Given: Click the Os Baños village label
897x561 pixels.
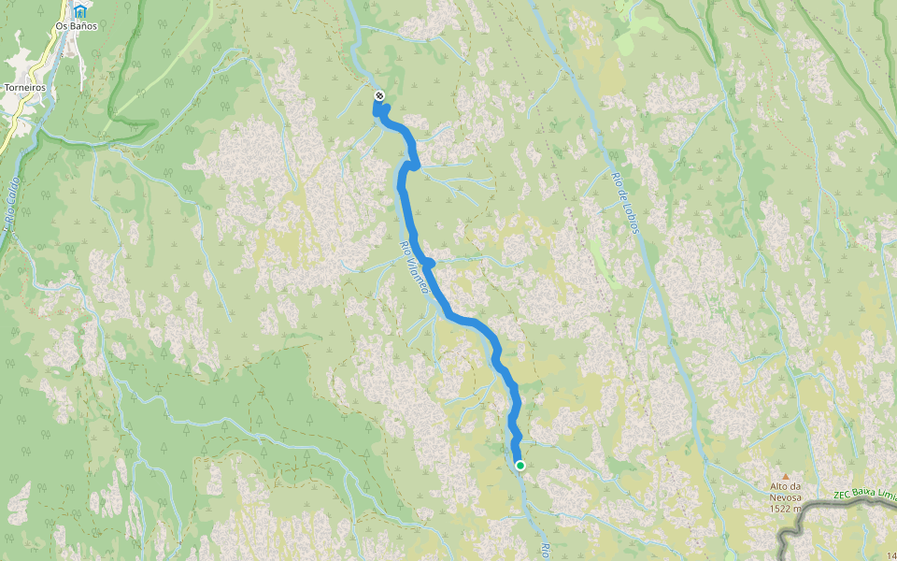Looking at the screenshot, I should click(x=76, y=26).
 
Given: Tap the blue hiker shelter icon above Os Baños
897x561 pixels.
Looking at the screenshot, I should click(x=82, y=11).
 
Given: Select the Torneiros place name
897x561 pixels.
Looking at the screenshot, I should click(x=25, y=88).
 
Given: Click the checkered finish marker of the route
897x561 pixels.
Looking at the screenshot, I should click(x=378, y=95).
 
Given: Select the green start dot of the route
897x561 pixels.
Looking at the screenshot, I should click(x=520, y=466).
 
